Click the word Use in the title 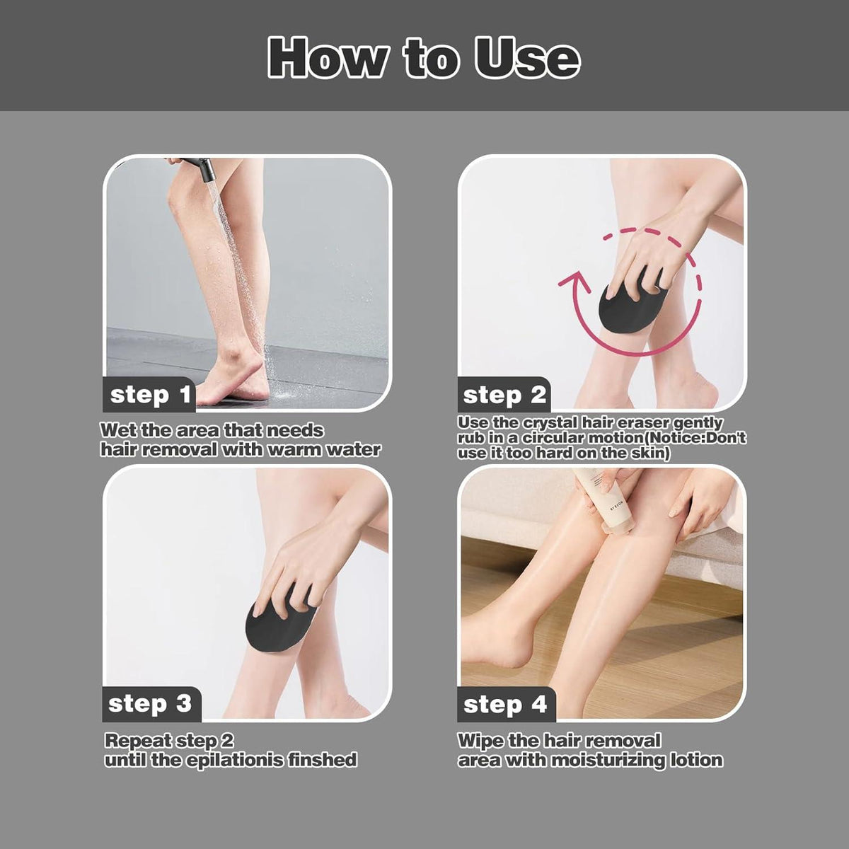[527, 58]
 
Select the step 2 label [504, 395]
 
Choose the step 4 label [505, 704]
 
